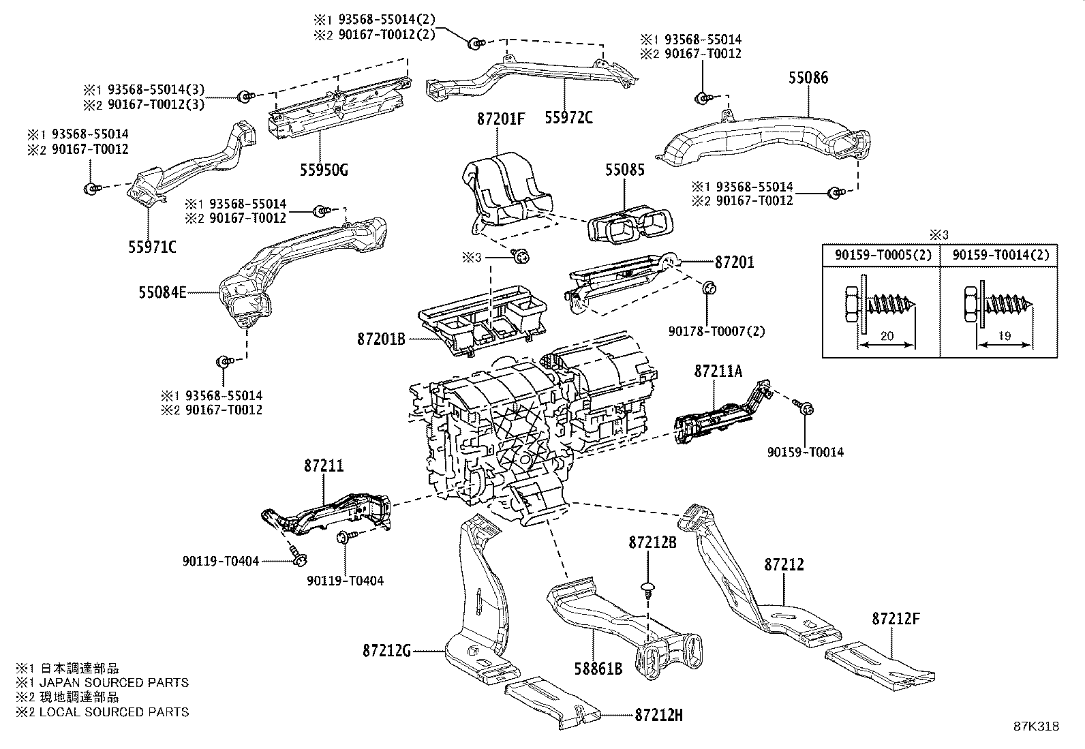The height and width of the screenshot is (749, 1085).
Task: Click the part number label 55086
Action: pos(808,78)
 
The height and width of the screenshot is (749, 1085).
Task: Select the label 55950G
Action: pos(324,170)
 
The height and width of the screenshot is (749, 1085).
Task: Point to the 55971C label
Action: pos(152,247)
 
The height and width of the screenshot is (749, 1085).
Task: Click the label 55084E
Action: pos(162,292)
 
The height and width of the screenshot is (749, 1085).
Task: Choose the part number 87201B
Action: pos(381,337)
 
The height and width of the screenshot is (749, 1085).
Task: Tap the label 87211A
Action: pos(718,371)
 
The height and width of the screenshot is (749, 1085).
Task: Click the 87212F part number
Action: pos(896,619)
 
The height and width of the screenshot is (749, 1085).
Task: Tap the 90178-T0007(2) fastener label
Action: pos(717,331)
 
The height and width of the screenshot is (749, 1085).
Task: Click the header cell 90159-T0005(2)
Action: pos(881,255)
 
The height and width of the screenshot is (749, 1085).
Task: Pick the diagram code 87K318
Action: pos(1036,727)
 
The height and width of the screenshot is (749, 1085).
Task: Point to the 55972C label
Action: pos(569,118)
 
